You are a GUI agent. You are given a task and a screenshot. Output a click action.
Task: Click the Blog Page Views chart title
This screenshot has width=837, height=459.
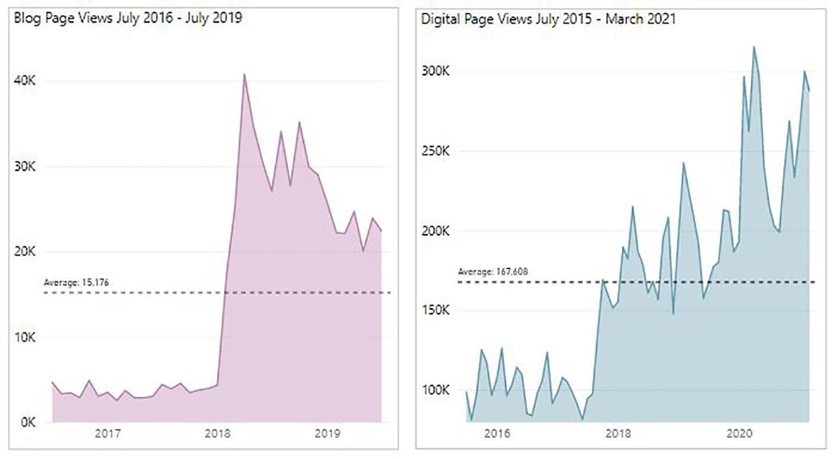tap(128, 18)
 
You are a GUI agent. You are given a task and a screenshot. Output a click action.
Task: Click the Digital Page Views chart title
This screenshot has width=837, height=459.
tap(548, 19)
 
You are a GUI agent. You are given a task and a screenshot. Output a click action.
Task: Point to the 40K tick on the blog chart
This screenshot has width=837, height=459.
tap(25, 81)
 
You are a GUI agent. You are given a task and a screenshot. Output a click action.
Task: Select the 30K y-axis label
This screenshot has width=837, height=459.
tap(25, 166)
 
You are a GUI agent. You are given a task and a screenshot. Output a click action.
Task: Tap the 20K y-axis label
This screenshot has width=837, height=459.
tap(25, 252)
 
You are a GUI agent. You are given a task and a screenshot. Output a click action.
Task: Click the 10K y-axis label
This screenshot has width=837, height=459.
tap(25, 337)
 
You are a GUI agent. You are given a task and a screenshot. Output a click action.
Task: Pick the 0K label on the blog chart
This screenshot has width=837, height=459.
tap(28, 423)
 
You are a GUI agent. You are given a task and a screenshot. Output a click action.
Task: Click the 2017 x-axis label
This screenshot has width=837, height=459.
tap(108, 434)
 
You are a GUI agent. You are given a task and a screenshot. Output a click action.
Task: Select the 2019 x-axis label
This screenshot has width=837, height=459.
tap(327, 434)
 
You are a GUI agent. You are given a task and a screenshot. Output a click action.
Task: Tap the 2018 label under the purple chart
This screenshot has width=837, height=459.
tap(218, 434)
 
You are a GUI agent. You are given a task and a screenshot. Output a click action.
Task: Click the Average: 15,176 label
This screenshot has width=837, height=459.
tap(77, 283)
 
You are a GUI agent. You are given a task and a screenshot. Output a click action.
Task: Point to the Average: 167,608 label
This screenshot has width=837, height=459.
tap(493, 272)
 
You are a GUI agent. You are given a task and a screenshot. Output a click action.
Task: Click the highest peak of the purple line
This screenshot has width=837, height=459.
tap(244, 74)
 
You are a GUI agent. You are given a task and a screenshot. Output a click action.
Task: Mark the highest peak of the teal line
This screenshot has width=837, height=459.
tap(753, 47)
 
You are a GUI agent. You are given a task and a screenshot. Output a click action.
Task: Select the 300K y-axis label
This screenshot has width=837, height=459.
tap(436, 71)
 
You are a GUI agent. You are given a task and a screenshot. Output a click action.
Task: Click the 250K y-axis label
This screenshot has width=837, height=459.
tap(436, 151)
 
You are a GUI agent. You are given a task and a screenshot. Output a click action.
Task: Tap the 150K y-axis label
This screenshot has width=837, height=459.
tap(436, 310)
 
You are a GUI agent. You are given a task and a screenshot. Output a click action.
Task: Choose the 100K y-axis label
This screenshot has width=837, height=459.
tap(436, 390)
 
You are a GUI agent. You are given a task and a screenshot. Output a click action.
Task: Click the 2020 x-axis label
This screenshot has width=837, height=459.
tap(739, 434)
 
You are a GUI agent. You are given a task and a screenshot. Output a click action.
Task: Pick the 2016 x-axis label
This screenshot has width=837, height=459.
tap(497, 434)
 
